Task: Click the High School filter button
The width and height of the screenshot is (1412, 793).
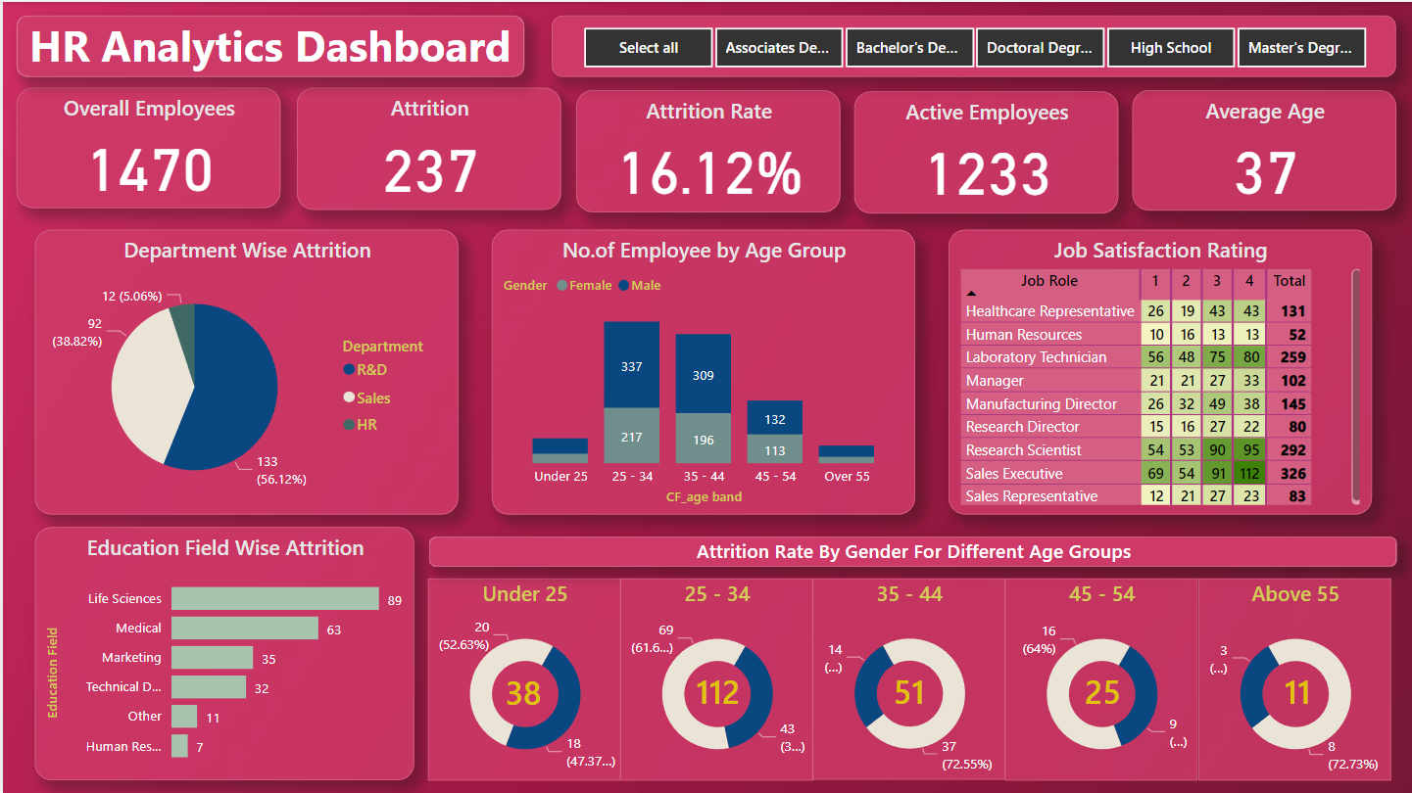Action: (1170, 48)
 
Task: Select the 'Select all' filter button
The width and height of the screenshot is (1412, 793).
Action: (648, 48)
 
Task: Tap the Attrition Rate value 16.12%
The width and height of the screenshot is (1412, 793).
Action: (710, 173)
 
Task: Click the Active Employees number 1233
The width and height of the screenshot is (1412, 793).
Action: (988, 174)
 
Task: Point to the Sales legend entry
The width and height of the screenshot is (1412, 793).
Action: (372, 398)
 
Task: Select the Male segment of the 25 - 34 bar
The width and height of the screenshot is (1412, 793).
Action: (631, 365)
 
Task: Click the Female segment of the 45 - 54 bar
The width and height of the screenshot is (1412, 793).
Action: (774, 450)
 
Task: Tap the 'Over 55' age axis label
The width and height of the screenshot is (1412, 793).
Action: (846, 477)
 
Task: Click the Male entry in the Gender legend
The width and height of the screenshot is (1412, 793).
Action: (645, 286)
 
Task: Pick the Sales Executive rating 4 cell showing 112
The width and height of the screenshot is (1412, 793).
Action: (1249, 474)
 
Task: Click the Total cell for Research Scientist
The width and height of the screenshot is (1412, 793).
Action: (1290, 450)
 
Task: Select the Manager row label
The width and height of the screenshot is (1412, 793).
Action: (995, 381)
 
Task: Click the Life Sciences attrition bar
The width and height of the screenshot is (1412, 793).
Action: (274, 599)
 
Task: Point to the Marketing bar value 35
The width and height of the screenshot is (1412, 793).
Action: (268, 659)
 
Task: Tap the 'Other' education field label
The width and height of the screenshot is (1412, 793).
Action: (145, 717)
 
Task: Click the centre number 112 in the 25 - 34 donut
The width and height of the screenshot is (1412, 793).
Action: (716, 693)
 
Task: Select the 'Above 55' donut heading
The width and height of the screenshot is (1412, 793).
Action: (1294, 594)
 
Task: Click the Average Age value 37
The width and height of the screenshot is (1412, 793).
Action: (1264, 173)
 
